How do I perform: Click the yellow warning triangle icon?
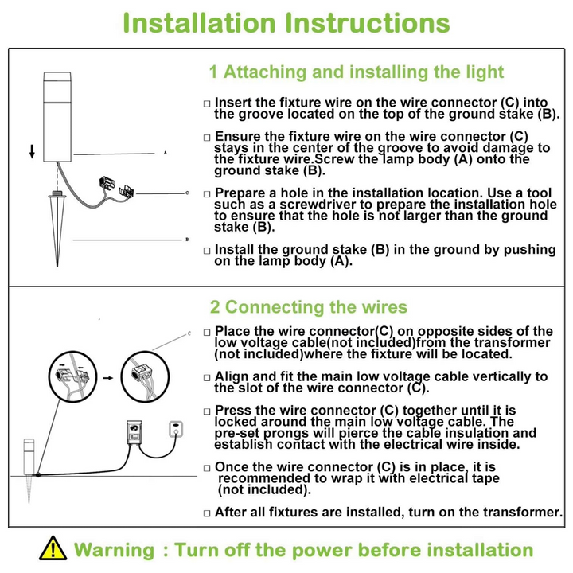point(53,548)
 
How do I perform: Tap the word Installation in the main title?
point(199,23)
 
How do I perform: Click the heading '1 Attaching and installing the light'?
point(357,72)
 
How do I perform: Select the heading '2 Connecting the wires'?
point(309,307)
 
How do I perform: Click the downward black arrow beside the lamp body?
point(32,151)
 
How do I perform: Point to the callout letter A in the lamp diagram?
point(166,152)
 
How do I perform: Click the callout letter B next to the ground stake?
point(187,240)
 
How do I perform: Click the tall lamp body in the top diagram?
point(57,116)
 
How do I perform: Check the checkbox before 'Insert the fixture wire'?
point(207,103)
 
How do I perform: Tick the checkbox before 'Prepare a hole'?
point(207,194)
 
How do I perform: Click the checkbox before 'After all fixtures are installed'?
point(207,513)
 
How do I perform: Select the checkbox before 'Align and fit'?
point(207,378)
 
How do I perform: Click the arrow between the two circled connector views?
point(108,378)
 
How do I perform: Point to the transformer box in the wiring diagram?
point(134,432)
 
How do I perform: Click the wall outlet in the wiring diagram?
point(176,429)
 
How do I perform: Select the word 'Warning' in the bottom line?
point(115,550)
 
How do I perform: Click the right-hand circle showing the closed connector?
point(145,376)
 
